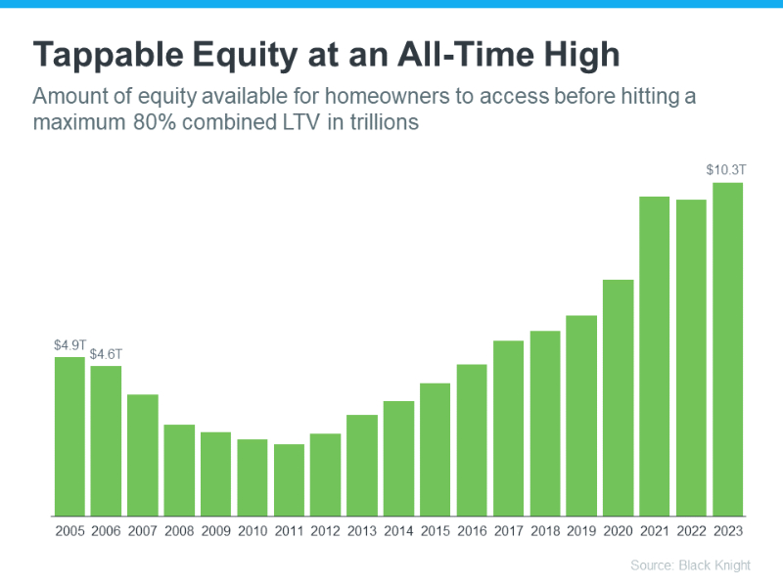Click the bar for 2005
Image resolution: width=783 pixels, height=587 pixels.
tap(69, 436)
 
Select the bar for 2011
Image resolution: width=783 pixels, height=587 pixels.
tap(289, 479)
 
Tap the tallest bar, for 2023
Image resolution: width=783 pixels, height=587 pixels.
tap(727, 349)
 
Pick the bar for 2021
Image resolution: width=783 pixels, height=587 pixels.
tap(654, 356)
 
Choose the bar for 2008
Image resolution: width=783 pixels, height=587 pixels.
tap(179, 470)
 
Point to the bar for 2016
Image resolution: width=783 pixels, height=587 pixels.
tap(472, 440)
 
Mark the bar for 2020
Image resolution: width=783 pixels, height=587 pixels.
tap(618, 397)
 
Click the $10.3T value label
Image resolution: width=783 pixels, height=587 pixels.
tap(726, 170)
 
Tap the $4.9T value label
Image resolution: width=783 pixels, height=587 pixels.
tap(70, 344)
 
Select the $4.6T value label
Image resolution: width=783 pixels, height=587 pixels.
tap(107, 354)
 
